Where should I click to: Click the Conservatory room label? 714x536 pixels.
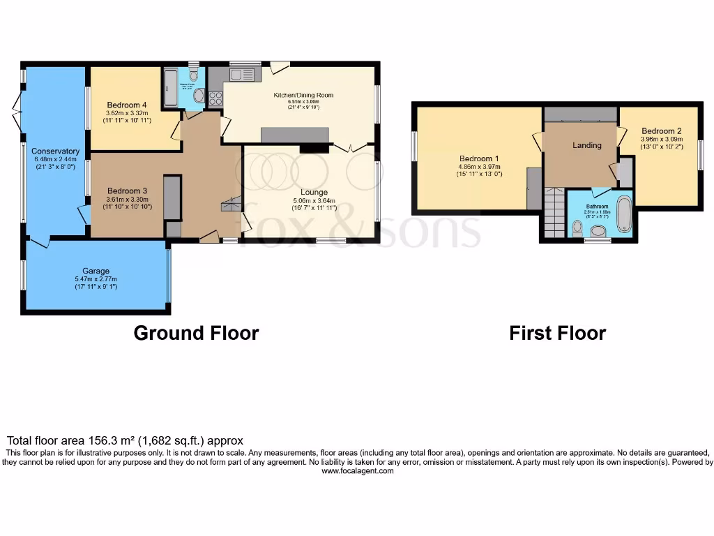pos(55,151)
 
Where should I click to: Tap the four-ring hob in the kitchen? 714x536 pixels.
pos(215,98)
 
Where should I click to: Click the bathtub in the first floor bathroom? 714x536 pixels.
pos(624,214)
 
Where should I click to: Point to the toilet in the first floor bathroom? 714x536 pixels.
pos(577,228)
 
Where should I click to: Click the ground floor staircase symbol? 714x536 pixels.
pos(231,204)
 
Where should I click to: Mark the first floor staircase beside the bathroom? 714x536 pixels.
pos(554,214)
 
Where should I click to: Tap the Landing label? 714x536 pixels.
pos(587,145)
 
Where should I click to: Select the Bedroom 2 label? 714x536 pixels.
pos(661,131)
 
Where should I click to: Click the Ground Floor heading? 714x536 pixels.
pos(196,333)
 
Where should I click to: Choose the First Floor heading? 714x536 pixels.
pos(557,333)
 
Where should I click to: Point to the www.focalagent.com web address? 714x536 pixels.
pos(357,471)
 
